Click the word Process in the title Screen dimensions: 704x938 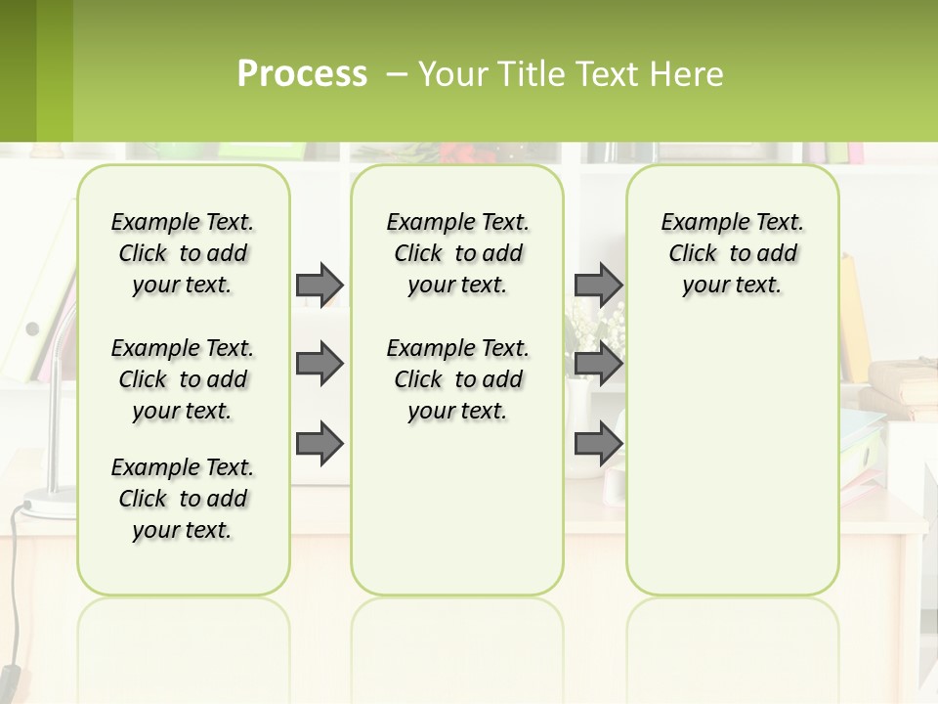tap(302, 73)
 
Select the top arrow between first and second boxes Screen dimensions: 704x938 tap(320, 285)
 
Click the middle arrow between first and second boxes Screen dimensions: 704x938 tap(320, 364)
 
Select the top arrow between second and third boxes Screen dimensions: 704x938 tap(598, 285)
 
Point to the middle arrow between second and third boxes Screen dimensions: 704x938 tap(598, 364)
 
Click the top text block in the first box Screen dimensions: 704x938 tap(183, 253)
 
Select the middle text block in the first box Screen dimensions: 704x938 tap(183, 379)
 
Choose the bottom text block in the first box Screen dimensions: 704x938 tap(183, 499)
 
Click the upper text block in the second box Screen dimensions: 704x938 tap(458, 253)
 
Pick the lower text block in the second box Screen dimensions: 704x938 tap(458, 379)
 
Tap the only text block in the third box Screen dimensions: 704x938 tap(733, 253)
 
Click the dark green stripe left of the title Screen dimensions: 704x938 tap(18, 70)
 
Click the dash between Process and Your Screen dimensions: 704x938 tap(397, 73)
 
